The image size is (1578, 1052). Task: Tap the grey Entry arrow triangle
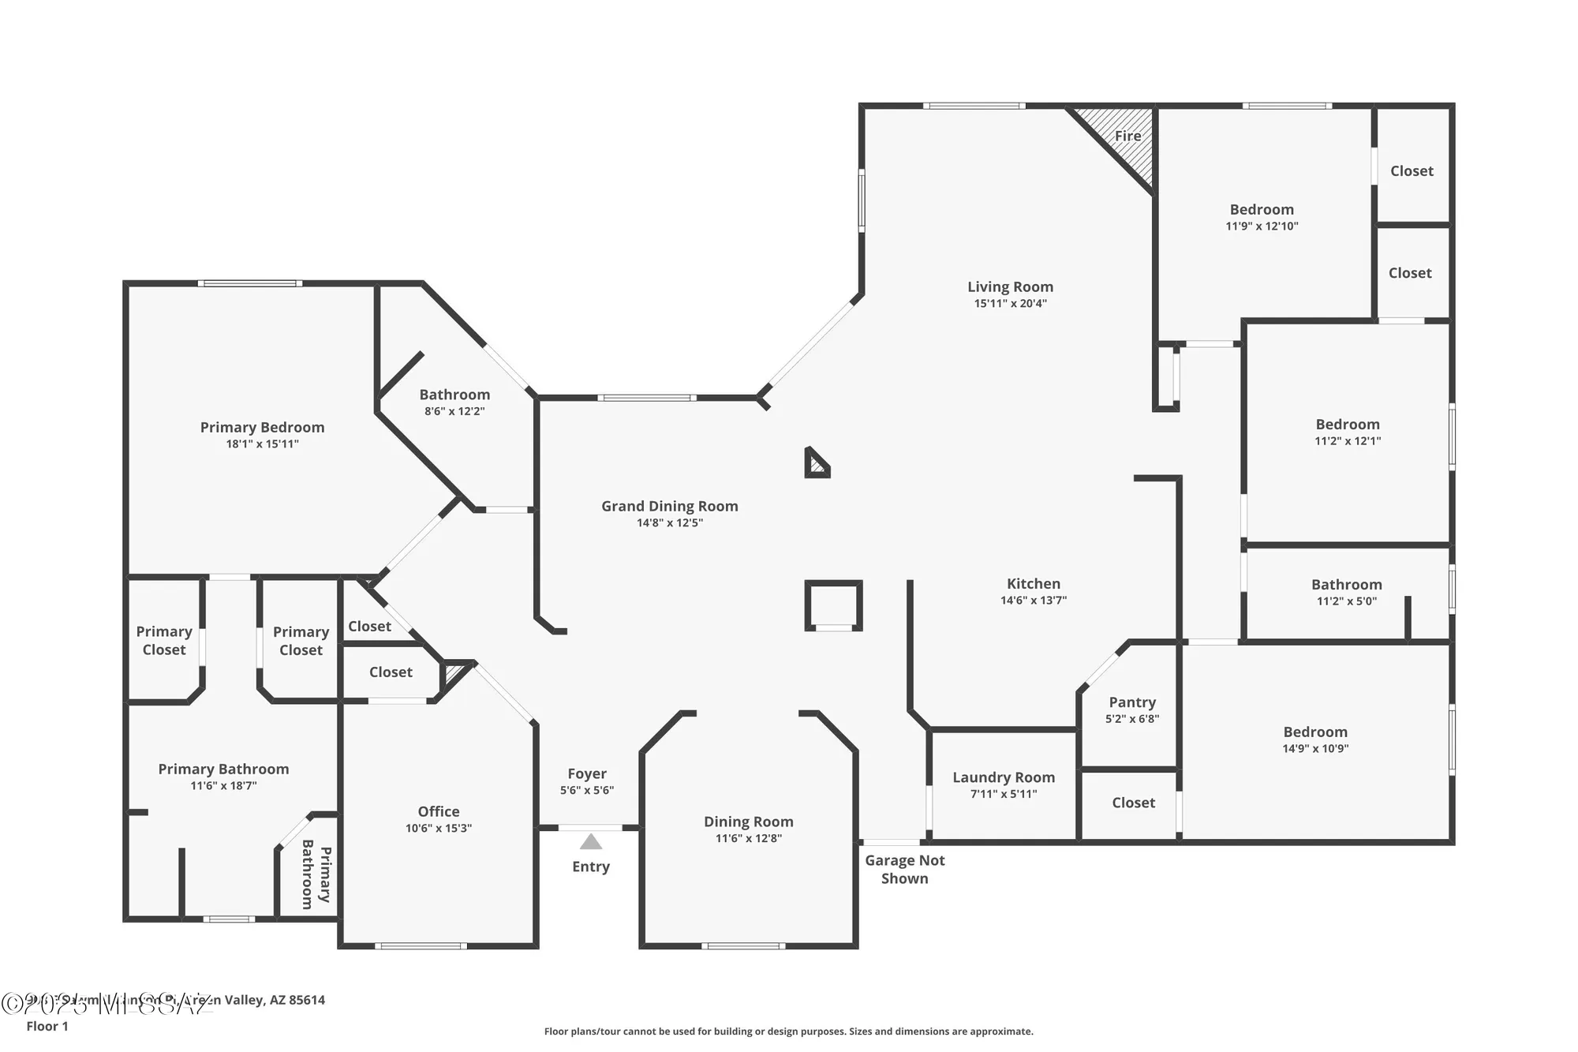pos(591,842)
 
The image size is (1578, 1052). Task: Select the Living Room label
pos(1010,286)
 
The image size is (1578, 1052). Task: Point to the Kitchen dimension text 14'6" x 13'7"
pos(1034,600)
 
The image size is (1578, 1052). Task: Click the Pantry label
pos(1132,702)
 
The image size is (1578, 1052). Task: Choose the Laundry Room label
pos(1004,777)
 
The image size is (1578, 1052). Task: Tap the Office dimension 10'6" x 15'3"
pos(439,828)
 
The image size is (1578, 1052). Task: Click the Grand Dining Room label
pos(670,506)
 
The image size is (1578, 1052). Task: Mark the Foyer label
pos(587,773)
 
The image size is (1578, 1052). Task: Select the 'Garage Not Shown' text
pos(904,869)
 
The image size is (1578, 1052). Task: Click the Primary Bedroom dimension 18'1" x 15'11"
pos(262,444)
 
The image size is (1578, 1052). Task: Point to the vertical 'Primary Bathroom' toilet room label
pos(316,874)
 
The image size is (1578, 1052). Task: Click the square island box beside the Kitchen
pos(833,605)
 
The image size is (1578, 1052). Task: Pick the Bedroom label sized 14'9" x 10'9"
pos(1315,732)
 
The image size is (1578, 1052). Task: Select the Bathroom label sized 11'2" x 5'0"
pos(1347,584)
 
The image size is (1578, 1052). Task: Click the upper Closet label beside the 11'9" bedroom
pos(1412,170)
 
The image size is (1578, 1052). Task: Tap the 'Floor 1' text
pos(47,1026)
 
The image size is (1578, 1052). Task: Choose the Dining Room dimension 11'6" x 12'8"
pos(748,838)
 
